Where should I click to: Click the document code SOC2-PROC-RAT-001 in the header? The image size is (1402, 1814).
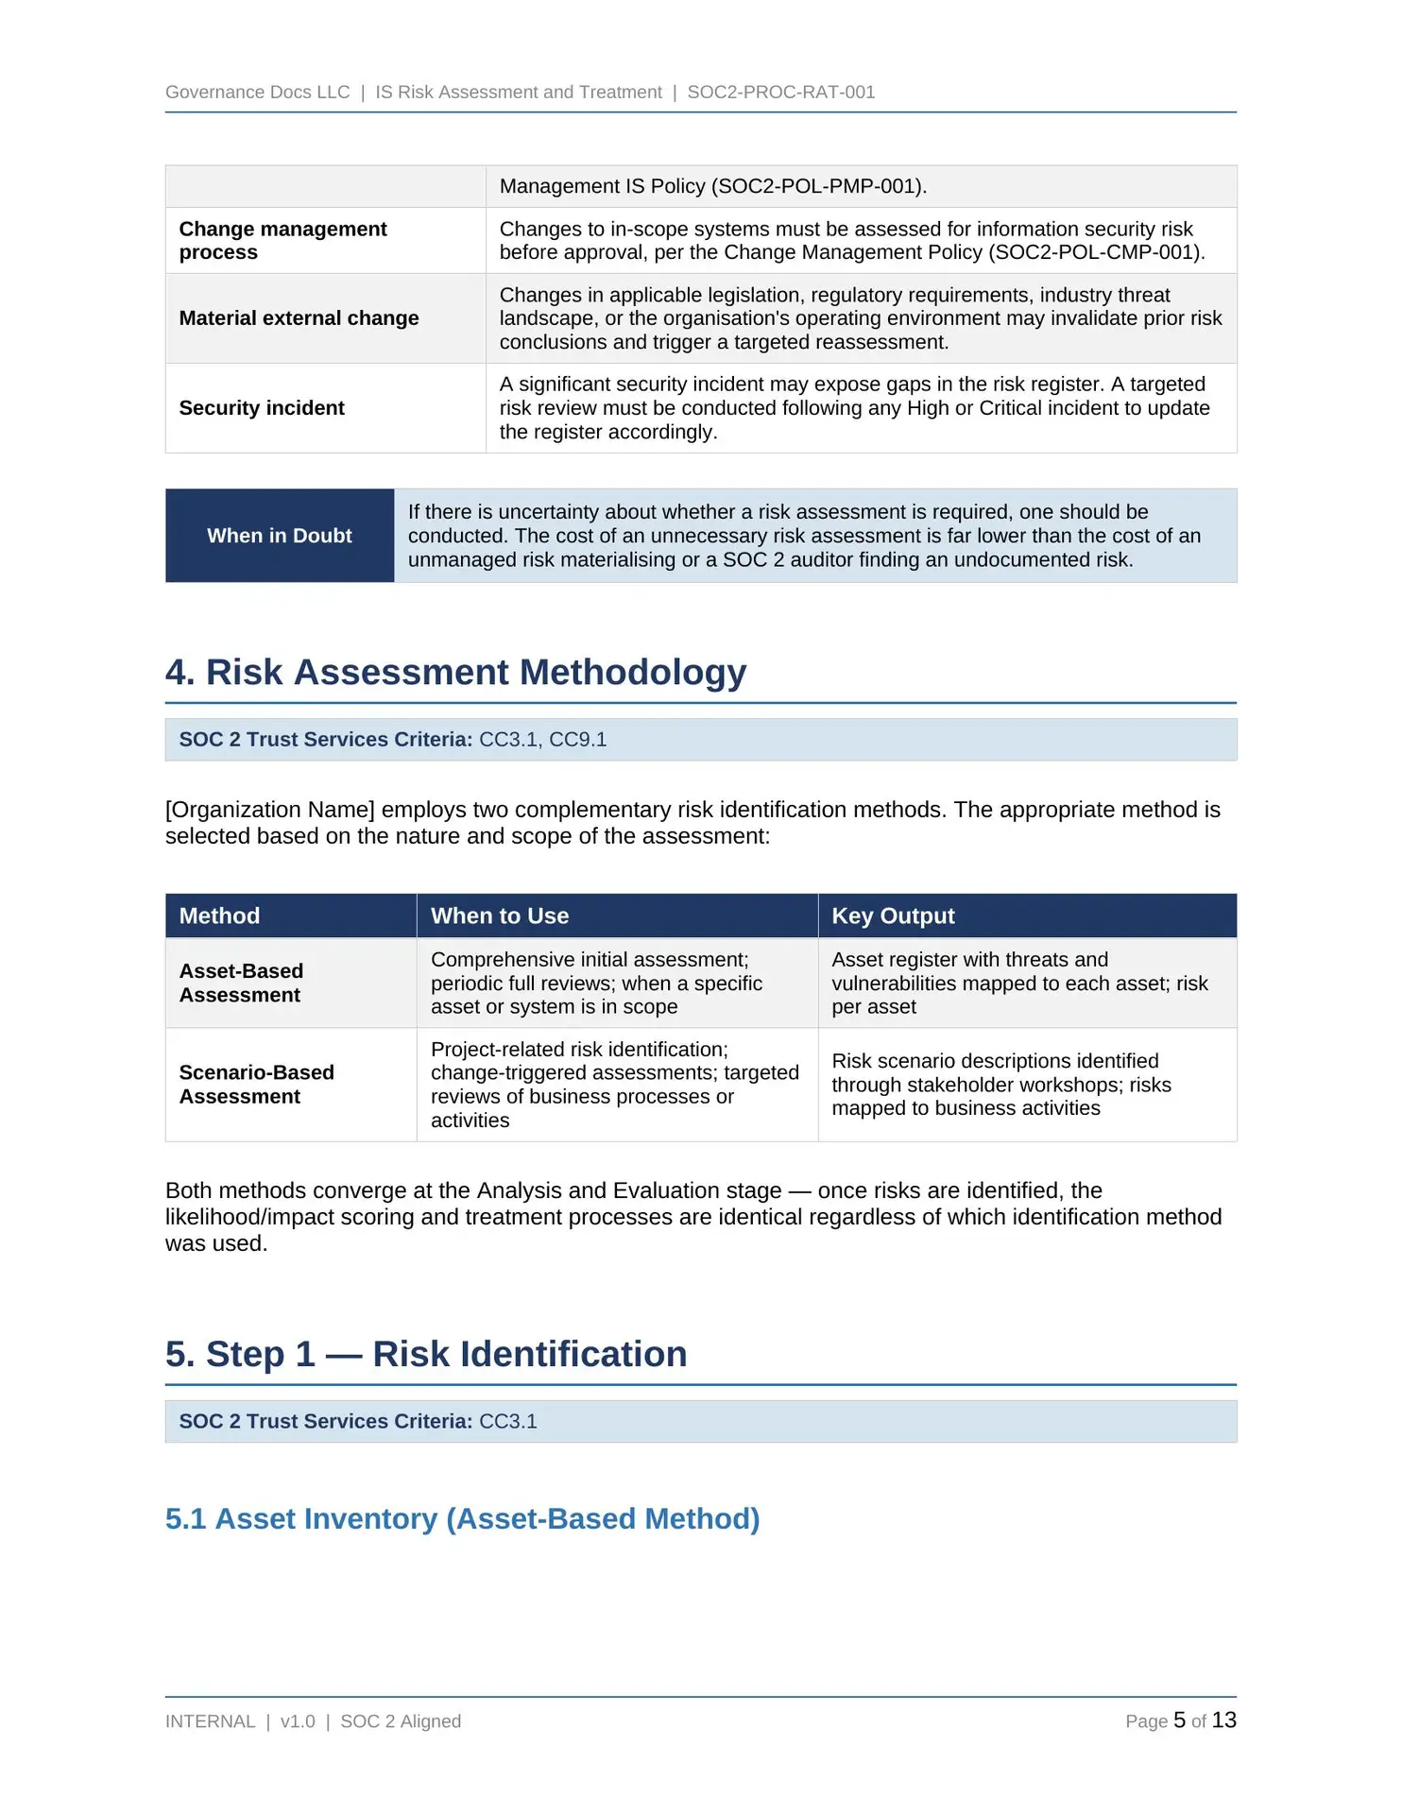780,92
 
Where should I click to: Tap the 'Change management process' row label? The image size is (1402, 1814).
282,241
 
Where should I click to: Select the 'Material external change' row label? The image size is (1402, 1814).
299,318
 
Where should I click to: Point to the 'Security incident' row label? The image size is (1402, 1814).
262,408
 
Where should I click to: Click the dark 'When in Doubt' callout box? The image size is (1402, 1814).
280,536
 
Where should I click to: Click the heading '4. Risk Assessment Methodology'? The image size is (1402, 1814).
455,672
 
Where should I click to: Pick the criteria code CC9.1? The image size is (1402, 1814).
578,740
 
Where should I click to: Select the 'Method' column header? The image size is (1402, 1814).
219,916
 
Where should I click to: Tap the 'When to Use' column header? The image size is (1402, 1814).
500,916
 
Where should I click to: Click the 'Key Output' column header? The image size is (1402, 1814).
893,916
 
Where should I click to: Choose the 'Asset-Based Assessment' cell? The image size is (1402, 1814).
241,983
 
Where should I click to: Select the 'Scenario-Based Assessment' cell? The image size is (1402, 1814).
256,1085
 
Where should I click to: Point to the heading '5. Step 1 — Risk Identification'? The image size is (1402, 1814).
426,1354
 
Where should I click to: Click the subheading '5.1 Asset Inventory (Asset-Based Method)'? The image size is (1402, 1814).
462,1518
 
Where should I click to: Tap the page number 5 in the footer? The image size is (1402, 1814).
1179,1720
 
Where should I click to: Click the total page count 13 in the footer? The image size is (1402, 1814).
1224,1720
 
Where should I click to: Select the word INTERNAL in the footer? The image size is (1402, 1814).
210,1721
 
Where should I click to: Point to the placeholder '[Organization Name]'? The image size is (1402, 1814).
270,810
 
